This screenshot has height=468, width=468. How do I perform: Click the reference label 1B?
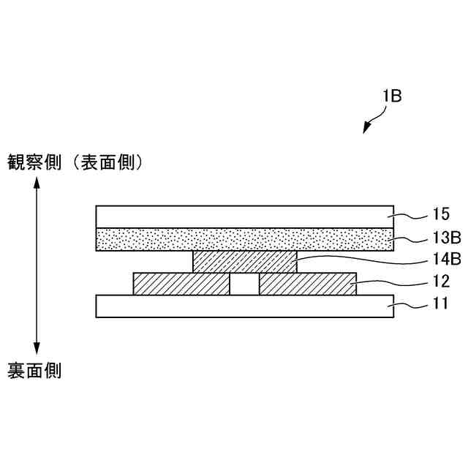(x=391, y=96)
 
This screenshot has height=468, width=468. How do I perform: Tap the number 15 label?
(x=440, y=215)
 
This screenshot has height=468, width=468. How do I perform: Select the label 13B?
(x=446, y=238)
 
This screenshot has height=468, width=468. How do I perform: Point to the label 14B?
(x=446, y=258)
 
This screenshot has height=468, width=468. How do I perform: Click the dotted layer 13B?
(x=245, y=240)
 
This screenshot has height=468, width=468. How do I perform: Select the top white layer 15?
(x=245, y=216)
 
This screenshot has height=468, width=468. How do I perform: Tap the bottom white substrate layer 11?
(x=245, y=306)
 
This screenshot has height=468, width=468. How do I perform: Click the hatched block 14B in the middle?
(x=245, y=262)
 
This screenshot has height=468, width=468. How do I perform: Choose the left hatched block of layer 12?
(x=181, y=284)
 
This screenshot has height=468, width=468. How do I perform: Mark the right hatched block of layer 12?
(x=308, y=284)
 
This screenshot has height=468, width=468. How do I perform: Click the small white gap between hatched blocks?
(x=245, y=284)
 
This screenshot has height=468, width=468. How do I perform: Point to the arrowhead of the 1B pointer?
(x=368, y=129)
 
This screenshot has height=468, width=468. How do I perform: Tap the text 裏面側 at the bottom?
(x=34, y=371)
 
